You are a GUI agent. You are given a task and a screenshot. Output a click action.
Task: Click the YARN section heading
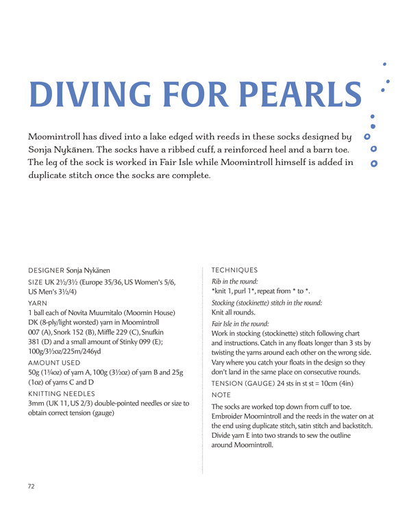point(37,302)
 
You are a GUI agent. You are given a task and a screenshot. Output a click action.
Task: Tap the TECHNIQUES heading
point(235,270)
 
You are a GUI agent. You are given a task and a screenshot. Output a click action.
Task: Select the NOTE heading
point(221,395)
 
